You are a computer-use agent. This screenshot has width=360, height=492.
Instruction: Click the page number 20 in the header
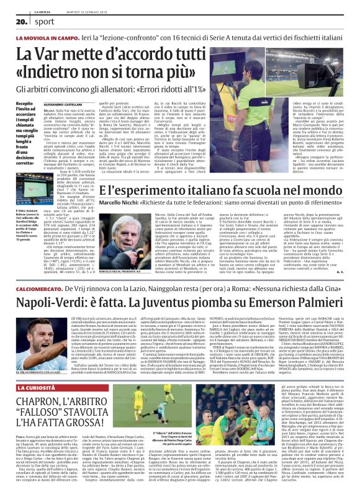(x=14, y=20)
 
